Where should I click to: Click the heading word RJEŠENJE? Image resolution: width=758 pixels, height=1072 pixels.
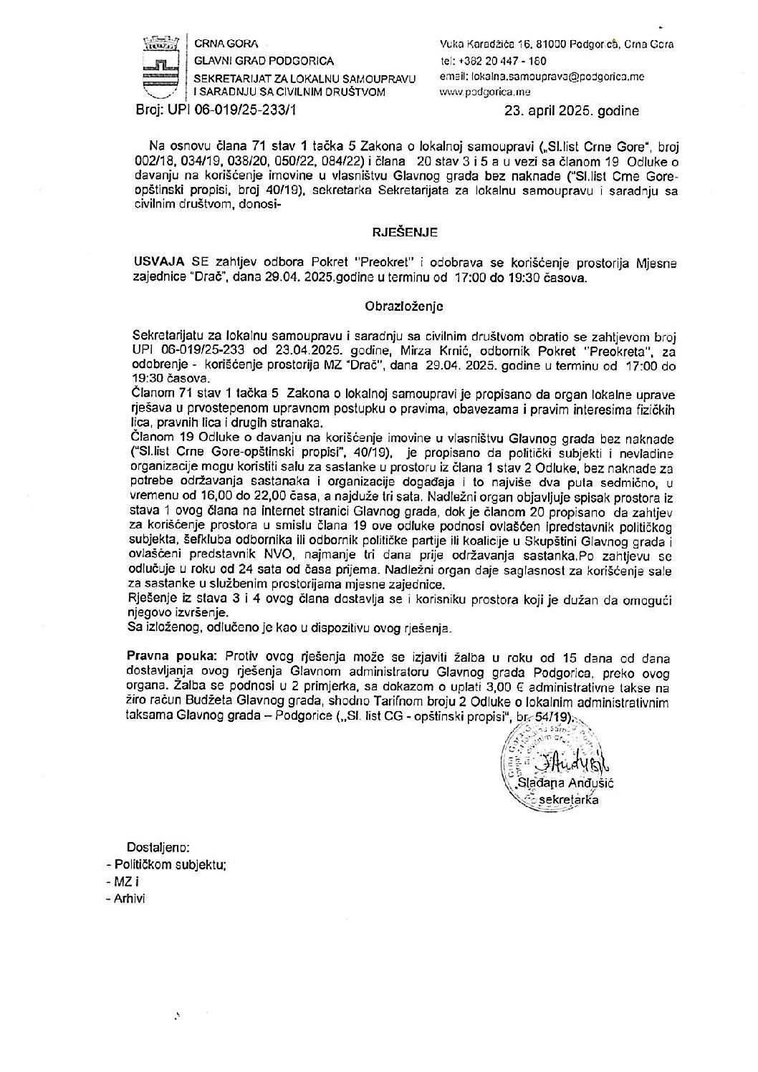(403, 232)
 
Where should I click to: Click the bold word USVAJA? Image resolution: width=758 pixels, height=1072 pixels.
(154, 262)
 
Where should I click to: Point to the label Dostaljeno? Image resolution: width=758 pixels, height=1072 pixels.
(158, 846)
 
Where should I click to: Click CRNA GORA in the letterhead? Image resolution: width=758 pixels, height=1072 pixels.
(223, 44)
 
